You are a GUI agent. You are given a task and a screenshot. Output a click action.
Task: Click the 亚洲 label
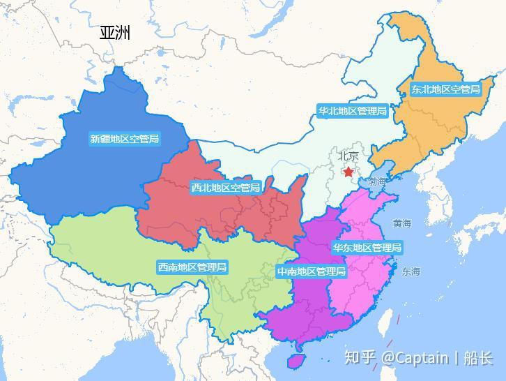[115, 33]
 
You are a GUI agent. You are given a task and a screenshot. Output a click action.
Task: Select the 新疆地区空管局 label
[125, 139]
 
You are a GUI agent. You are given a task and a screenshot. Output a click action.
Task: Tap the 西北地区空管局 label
[226, 187]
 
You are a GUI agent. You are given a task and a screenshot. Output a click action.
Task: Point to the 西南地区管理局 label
[192, 267]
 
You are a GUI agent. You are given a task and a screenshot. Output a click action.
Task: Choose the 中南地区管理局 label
[311, 271]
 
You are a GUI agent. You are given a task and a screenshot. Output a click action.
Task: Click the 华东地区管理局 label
[367, 248]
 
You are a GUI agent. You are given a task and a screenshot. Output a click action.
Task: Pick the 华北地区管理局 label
[352, 110]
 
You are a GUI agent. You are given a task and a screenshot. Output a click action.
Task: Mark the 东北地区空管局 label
[445, 89]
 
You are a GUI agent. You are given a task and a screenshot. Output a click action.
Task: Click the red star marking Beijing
[348, 172]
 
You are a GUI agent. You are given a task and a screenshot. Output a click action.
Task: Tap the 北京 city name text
[348, 156]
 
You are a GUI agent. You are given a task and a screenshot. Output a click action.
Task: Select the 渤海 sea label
[378, 181]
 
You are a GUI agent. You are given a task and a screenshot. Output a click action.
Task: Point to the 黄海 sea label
[402, 223]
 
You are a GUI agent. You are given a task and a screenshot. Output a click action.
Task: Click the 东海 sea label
[411, 271]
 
